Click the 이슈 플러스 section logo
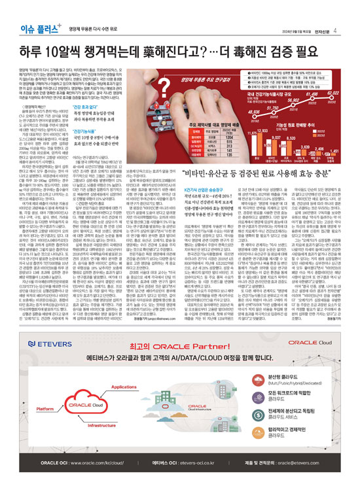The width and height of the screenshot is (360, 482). click(27, 12)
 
